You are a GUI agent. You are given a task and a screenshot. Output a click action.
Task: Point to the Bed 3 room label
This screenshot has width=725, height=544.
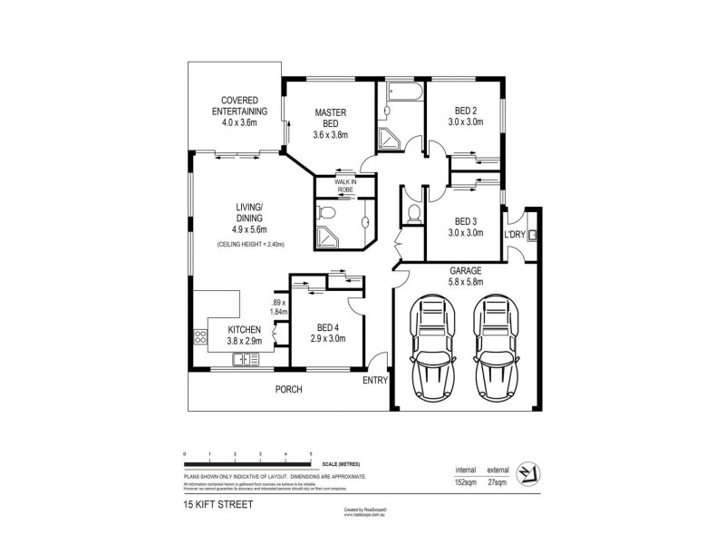pyautogui.click(x=462, y=225)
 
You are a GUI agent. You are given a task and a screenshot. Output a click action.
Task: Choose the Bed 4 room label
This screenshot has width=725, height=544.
pyautogui.click(x=324, y=334)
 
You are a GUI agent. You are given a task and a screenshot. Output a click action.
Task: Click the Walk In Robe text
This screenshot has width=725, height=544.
pyautogui.click(x=345, y=186)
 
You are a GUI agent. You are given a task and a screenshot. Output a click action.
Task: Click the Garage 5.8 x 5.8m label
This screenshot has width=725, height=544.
pyautogui.click(x=465, y=277)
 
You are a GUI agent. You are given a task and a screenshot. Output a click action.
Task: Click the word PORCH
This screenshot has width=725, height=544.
pyautogui.click(x=290, y=389)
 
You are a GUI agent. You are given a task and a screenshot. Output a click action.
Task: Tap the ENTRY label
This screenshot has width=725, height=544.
pyautogui.click(x=373, y=381)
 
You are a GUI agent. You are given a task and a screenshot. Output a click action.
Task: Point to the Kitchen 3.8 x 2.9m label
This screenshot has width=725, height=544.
pyautogui.click(x=245, y=335)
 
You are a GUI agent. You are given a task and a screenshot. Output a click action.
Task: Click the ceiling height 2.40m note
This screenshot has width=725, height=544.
pyautogui.click(x=251, y=245)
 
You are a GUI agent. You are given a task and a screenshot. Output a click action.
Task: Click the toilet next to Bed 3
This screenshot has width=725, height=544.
pyautogui.click(x=413, y=213)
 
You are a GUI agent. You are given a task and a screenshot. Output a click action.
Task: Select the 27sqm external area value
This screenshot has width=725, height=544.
pyautogui.click(x=497, y=481)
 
